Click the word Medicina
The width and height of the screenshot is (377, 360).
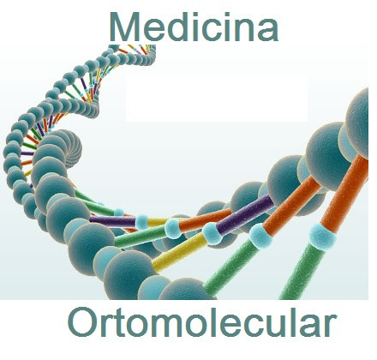pos(194,27)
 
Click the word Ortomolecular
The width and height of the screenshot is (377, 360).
pos(202,321)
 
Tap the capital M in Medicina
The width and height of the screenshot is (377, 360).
pos(124,27)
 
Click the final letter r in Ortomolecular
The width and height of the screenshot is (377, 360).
pos(331,325)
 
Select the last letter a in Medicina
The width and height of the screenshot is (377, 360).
pos(268,30)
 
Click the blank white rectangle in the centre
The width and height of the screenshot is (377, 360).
pos(217,99)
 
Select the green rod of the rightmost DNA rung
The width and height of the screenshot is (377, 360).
pos(302,272)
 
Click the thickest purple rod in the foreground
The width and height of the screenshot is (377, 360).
pos(246,213)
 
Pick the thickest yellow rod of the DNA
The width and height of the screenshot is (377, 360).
pos(179,252)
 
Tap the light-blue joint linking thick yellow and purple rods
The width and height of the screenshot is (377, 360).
pos(212,233)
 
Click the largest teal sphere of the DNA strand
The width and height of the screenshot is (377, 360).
pos(328,156)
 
